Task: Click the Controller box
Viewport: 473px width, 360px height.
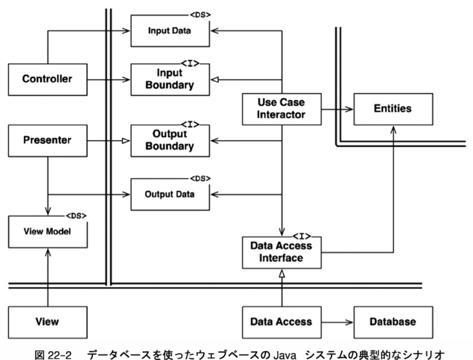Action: click(x=48, y=79)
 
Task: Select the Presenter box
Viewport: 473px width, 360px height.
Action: click(x=48, y=139)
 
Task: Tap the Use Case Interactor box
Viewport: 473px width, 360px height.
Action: click(x=281, y=108)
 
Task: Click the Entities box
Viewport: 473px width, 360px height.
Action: click(x=393, y=108)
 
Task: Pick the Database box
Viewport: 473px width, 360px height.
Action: click(x=393, y=321)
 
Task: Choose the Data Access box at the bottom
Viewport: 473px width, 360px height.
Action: click(x=281, y=321)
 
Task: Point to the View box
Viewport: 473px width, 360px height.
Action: click(x=48, y=321)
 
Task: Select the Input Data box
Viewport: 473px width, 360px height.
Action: click(x=170, y=31)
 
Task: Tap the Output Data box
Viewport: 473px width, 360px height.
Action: click(x=170, y=194)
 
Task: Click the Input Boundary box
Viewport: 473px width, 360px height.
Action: click(x=170, y=79)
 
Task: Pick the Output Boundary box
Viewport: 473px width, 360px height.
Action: click(x=170, y=140)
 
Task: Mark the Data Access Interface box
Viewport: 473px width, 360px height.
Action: click(x=281, y=252)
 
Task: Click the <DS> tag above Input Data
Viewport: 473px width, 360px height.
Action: click(x=200, y=14)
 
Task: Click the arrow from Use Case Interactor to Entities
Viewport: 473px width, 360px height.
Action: click(x=337, y=109)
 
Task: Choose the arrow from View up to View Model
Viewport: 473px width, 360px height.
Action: click(x=48, y=277)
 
